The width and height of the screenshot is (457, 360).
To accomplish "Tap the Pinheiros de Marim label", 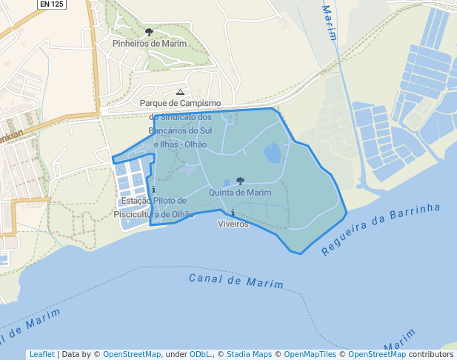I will [x=150, y=44].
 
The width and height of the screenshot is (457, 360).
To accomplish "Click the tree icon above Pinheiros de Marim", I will [x=150, y=33].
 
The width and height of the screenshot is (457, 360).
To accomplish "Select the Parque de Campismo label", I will [x=181, y=104].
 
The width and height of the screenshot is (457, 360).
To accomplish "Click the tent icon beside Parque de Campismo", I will [x=180, y=93].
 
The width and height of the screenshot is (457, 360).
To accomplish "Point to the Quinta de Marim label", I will [x=240, y=193].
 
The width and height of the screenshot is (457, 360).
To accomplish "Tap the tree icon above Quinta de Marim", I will [x=240, y=181].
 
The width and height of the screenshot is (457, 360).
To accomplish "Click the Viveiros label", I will [x=233, y=224].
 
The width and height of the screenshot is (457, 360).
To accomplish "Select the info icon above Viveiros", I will [x=233, y=213].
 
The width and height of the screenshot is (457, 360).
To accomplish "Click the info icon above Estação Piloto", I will [x=153, y=190].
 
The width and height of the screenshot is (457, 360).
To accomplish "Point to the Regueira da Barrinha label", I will [x=381, y=229].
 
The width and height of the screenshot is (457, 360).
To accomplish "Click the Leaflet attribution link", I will [x=42, y=355].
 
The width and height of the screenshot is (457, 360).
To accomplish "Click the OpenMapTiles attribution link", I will [x=310, y=355].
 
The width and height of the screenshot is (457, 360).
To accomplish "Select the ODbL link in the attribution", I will [x=201, y=355].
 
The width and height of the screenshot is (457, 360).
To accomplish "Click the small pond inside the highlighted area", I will [x=273, y=153].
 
